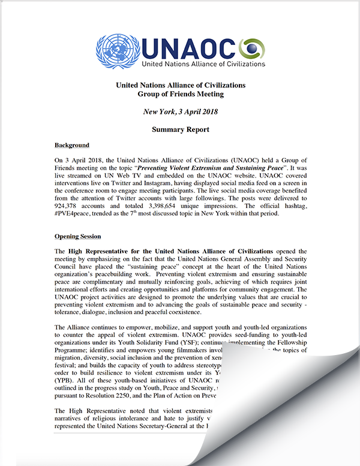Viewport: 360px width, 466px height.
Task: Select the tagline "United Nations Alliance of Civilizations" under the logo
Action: coord(203,63)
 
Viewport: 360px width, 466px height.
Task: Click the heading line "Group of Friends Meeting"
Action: coord(180,94)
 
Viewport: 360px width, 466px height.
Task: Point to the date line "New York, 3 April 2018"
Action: coord(180,112)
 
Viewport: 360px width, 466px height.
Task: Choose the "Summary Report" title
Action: coord(180,129)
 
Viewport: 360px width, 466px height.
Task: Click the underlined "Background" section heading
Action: coord(72,145)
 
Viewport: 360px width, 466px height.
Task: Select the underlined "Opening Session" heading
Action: coord(77,236)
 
